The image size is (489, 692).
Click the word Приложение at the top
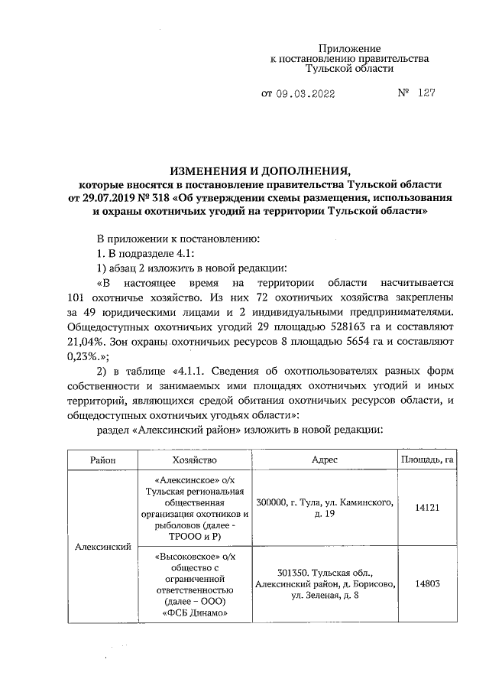point(349,48)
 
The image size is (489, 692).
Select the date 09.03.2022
point(305,94)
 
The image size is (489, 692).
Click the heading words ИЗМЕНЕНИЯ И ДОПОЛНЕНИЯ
point(259,171)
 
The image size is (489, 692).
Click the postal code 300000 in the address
point(276,502)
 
